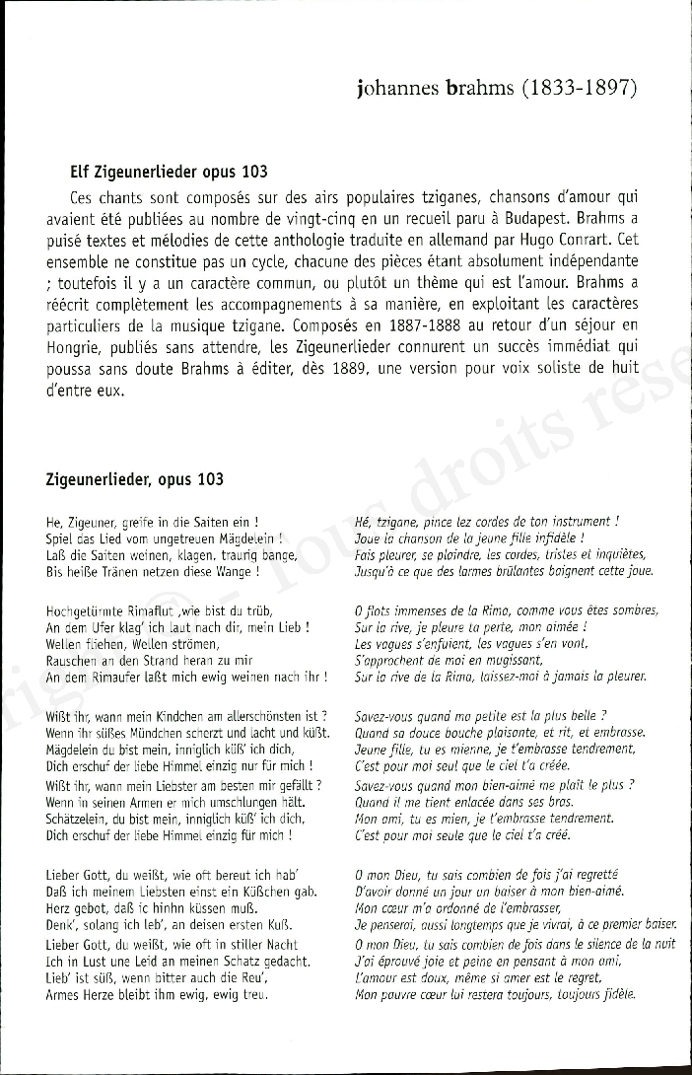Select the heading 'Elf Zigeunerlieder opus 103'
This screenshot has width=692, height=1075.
(170, 171)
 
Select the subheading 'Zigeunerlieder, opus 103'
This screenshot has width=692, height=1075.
(134, 479)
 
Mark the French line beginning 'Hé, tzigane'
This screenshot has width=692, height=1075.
(486, 522)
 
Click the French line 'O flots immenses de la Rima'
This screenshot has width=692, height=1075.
(506, 610)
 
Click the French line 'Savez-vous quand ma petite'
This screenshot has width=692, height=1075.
(493, 716)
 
